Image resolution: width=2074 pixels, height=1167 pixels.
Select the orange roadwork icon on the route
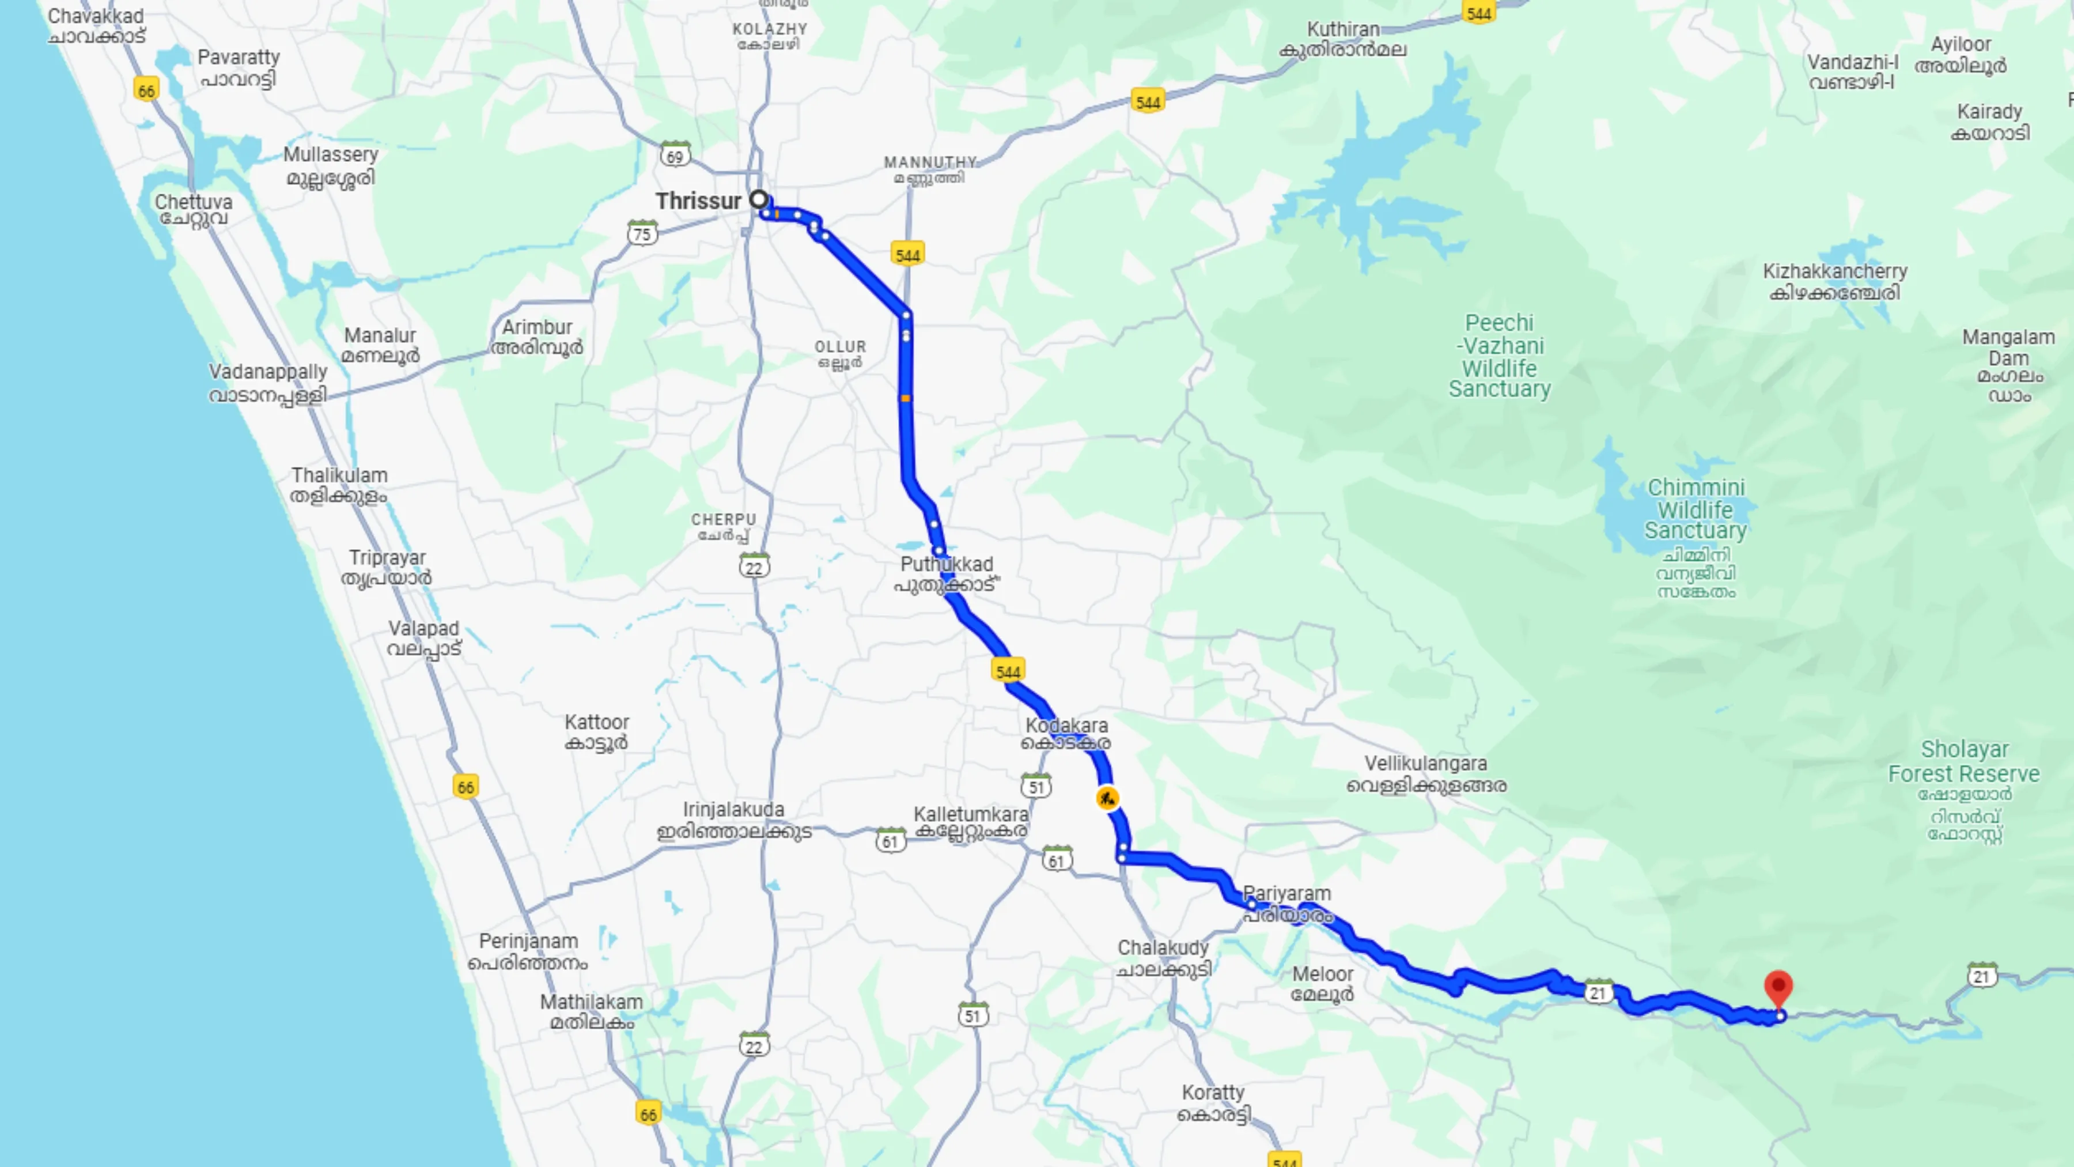point(1107,798)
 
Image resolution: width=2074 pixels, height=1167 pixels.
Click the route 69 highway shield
point(675,156)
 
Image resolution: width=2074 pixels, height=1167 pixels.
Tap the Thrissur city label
point(697,201)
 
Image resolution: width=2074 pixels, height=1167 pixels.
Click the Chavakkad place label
point(96,25)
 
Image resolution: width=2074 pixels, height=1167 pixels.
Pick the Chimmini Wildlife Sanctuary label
point(1695,509)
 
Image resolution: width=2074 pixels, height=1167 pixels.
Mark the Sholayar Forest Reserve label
point(1964,762)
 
